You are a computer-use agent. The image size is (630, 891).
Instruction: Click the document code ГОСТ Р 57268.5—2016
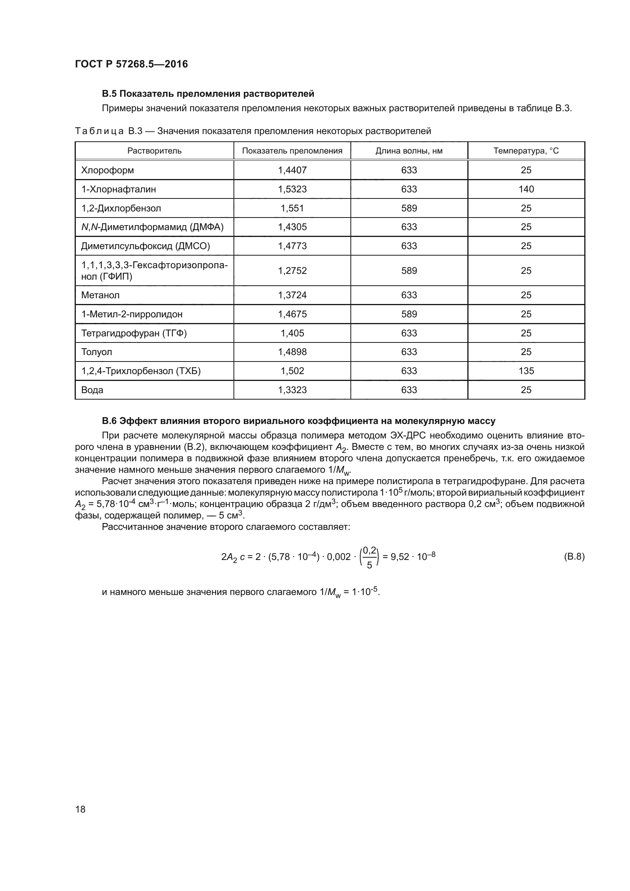tap(131, 64)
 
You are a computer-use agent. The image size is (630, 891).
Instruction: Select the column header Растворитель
tap(154, 150)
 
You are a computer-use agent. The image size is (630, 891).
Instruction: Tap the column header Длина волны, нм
tap(409, 150)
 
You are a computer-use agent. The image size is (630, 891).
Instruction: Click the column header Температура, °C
tap(526, 150)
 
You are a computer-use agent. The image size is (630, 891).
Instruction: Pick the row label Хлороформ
tap(107, 170)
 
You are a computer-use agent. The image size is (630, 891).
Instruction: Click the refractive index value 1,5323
tap(292, 189)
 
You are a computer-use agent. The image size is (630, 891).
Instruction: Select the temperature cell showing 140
tap(526, 189)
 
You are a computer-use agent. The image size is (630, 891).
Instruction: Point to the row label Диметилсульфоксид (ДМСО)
tap(146, 246)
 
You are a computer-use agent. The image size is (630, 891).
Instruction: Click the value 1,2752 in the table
tap(292, 270)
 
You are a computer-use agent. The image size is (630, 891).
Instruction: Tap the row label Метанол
tap(101, 295)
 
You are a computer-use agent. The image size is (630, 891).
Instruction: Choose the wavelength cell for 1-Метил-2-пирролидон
tap(409, 314)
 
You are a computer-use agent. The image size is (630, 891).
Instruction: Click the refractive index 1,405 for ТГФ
tap(292, 333)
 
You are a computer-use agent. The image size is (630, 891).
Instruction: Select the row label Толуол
tap(97, 352)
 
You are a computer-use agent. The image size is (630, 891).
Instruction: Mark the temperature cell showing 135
tap(526, 371)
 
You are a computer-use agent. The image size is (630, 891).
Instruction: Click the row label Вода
tap(92, 390)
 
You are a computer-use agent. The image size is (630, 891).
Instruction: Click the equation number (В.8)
tap(574, 557)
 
